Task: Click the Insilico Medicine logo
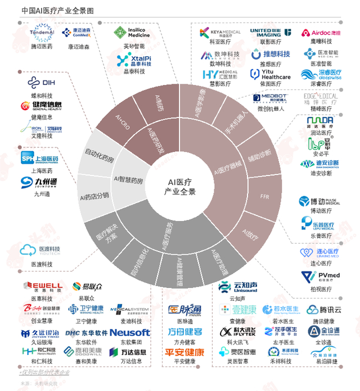coord(132,32)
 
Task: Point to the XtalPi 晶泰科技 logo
coord(133,60)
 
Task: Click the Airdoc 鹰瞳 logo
coord(319,33)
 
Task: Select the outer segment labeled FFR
coord(265,197)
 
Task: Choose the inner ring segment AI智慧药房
coord(128,180)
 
